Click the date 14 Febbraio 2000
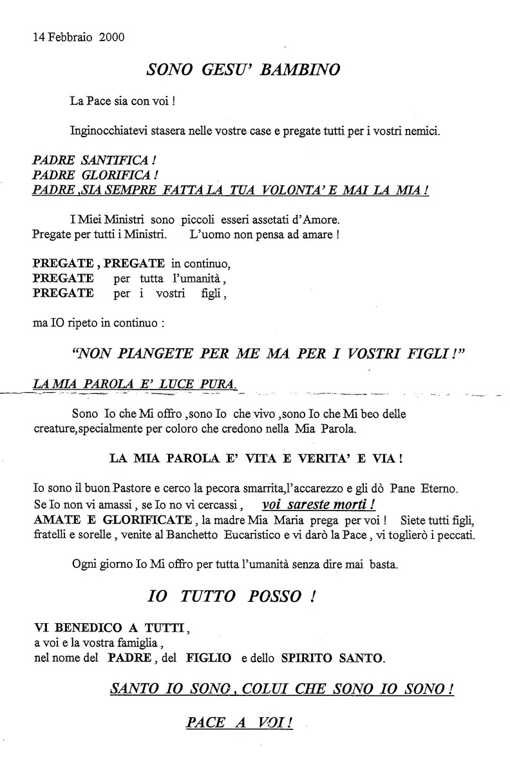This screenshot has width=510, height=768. pyautogui.click(x=79, y=37)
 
